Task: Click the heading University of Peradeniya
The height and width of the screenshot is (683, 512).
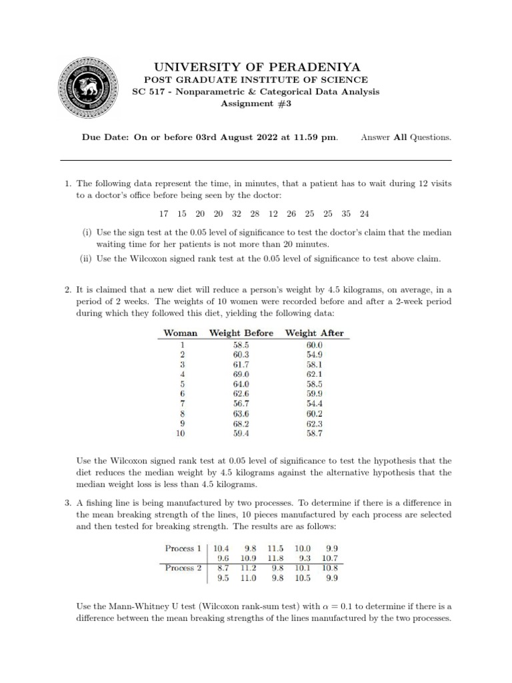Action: coord(257,67)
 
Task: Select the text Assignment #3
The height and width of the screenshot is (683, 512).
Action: coord(257,103)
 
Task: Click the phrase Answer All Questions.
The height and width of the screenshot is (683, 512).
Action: coord(406,137)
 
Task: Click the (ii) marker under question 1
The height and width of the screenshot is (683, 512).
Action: coord(87,259)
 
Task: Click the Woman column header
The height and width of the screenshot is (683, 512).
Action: coord(181,333)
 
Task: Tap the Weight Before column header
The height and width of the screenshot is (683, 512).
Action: coord(241,333)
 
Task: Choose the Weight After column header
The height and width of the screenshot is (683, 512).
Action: coord(314,333)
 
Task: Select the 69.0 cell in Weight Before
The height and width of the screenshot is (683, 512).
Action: coord(241,375)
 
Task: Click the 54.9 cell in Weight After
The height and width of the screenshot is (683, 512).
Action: coord(314,355)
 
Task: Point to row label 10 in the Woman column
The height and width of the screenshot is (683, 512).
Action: coord(181,433)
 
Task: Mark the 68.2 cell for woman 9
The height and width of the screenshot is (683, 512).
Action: coord(241,423)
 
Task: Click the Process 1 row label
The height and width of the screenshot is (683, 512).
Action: coord(183,548)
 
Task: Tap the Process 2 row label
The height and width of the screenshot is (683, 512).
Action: coord(183,568)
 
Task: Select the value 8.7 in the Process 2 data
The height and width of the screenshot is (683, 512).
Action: coord(221,568)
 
